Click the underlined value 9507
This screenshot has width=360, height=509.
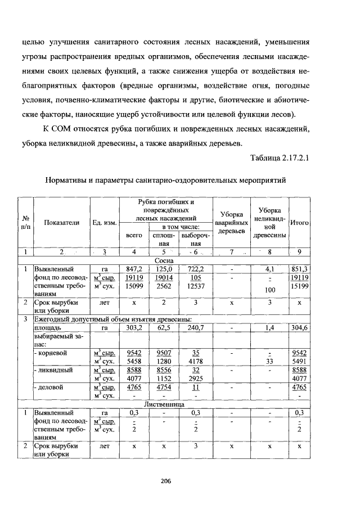coord(164,354)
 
